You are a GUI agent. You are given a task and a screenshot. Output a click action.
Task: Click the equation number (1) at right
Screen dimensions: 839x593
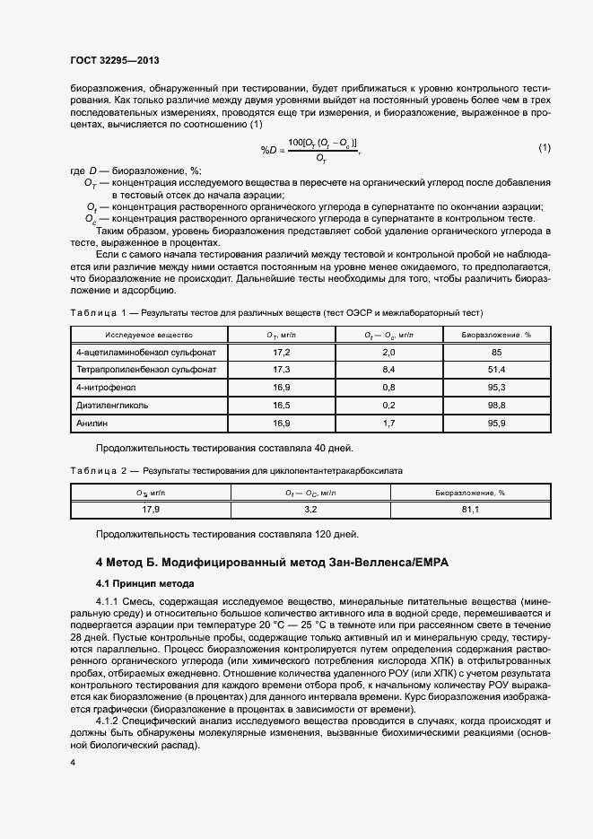544,147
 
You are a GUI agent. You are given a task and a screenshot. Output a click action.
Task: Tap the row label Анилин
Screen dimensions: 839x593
92,422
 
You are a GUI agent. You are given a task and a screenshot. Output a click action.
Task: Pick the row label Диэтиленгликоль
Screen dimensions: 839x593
112,405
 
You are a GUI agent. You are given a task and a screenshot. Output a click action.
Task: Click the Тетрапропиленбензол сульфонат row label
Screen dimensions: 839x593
146,370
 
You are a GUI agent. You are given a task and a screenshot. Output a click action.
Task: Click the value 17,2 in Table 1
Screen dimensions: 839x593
283,353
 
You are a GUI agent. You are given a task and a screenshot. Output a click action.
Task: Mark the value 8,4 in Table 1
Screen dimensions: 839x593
388,370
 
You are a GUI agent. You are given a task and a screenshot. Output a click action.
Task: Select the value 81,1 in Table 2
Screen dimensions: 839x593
470,510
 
